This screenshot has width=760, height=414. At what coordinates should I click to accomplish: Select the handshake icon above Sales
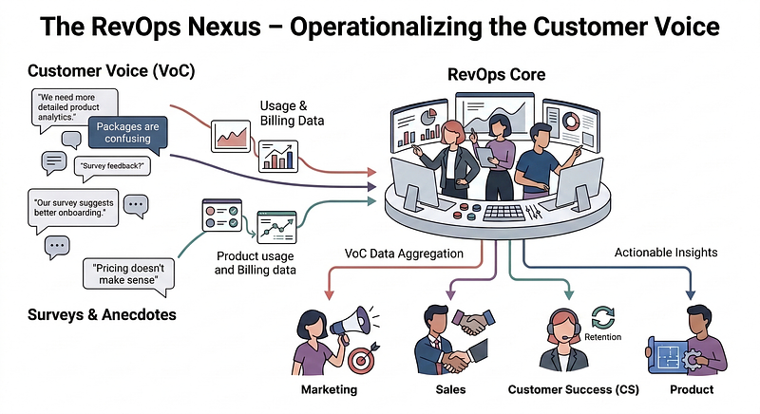coord(469,323)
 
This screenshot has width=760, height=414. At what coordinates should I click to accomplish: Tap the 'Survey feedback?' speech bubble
coord(111,166)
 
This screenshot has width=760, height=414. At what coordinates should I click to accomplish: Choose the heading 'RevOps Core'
coord(497,73)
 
